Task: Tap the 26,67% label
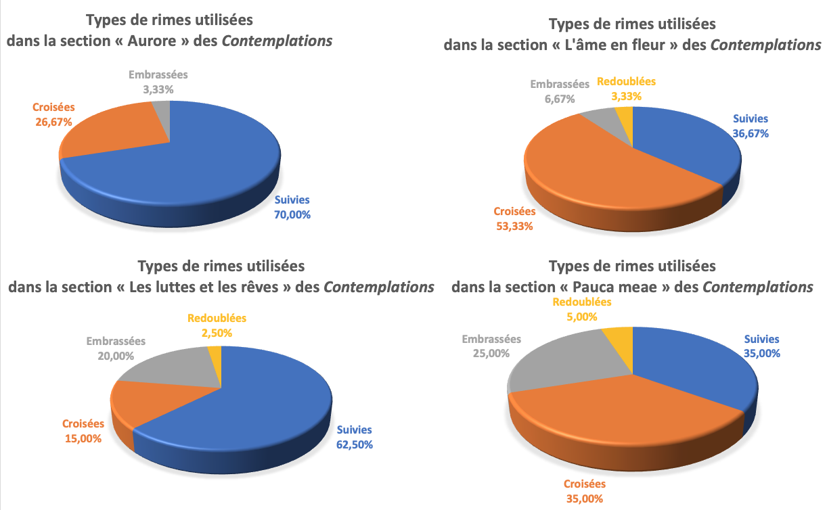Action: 53,122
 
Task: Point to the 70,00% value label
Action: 292,215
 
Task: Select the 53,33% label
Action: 513,226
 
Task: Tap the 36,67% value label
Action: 750,133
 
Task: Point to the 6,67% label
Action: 560,99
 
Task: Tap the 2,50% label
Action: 217,333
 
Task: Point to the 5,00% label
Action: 581,317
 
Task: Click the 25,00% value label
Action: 491,354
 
